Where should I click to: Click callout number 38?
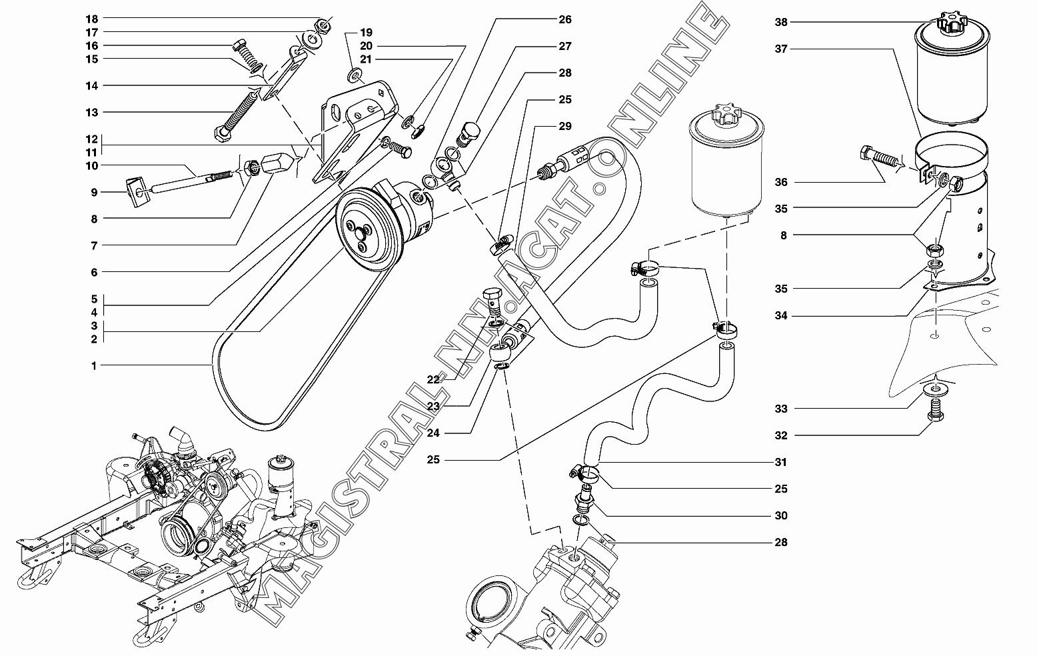[781, 22]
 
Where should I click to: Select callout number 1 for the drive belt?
[94, 366]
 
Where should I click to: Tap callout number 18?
[92, 19]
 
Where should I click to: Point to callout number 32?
[781, 435]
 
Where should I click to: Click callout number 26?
[565, 20]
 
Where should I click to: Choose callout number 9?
[94, 193]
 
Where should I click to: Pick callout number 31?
[781, 462]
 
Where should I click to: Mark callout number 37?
[781, 49]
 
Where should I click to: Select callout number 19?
[366, 33]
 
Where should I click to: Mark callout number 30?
[781, 515]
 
